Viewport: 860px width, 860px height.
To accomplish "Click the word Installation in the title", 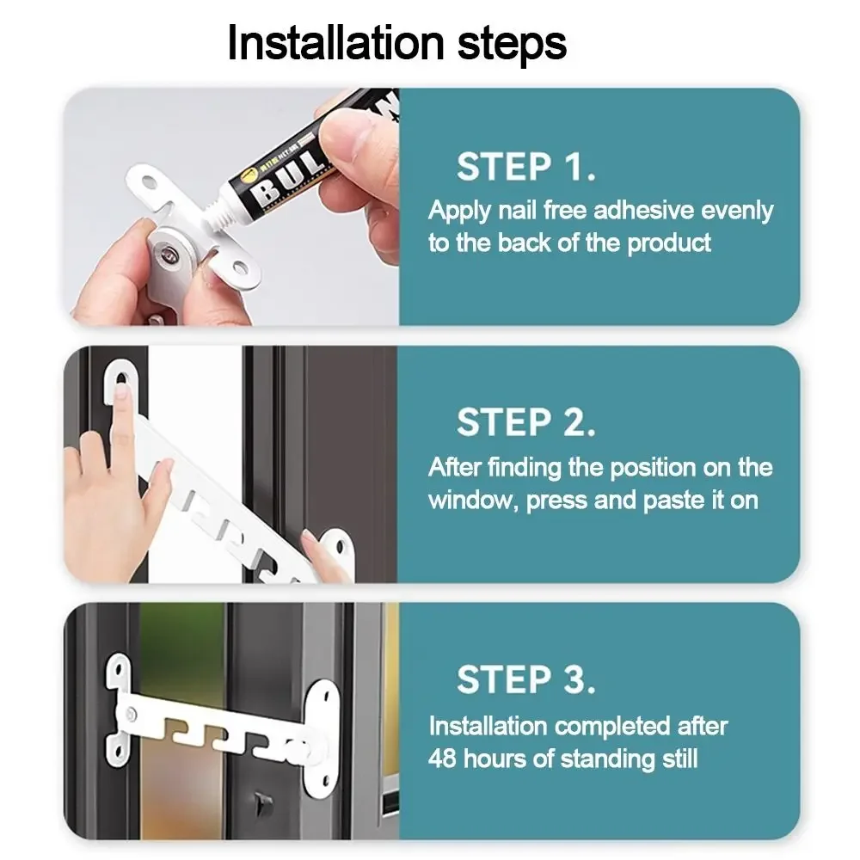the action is point(335,43).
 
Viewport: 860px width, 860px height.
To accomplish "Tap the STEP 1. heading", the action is point(526,167).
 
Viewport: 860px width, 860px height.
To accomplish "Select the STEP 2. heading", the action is point(526,422).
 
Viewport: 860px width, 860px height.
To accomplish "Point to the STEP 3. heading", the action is point(526,679).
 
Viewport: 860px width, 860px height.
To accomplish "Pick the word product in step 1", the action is point(668,244).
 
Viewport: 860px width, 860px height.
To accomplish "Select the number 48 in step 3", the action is point(442,759).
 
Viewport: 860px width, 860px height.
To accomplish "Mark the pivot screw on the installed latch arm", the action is point(132,714).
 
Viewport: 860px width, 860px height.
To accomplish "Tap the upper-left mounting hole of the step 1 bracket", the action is point(149,182).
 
